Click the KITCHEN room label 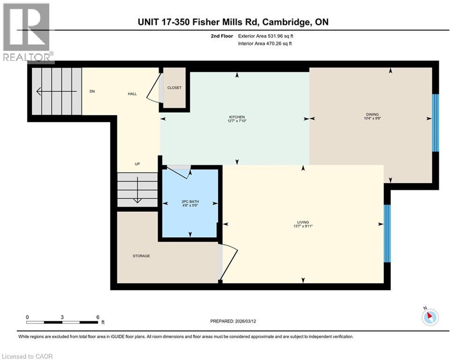click(237, 117)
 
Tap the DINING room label click(372, 114)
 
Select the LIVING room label click(303, 223)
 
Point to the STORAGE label click(141, 256)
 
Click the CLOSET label click(174, 88)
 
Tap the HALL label click(133, 94)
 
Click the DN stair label click(92, 91)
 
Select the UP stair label click(137, 164)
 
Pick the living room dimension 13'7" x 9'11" click(303, 227)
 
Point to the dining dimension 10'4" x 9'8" click(372, 119)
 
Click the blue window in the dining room click(435, 123)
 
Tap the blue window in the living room click(387, 233)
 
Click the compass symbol click(429, 317)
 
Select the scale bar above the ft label click(62, 322)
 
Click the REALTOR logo click(27, 32)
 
